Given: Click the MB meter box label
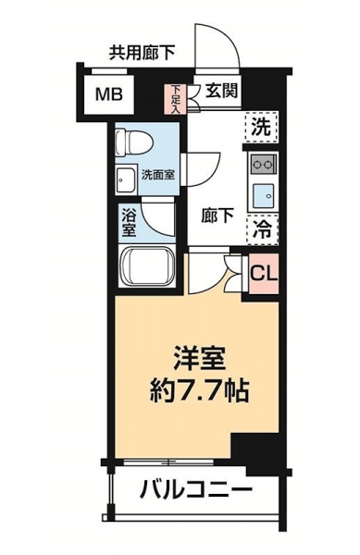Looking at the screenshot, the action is point(109,95).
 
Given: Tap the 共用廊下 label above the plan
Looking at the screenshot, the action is point(142,53).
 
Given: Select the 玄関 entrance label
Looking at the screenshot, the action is point(221,92).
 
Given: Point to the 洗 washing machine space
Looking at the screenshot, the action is point(261,127).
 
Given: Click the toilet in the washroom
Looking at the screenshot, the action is point(135,143).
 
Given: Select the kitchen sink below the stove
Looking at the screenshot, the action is point(263,195).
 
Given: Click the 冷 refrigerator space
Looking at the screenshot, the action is point(262,229).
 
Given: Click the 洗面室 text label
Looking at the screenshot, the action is point(158,175).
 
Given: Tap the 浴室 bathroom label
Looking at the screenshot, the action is point(130,223).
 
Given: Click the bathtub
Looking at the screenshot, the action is point(147,265).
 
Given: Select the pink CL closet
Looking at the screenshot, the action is point(264,274).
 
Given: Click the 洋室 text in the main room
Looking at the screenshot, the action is point(199,359).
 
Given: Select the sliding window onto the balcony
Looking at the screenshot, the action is point(168,462).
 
